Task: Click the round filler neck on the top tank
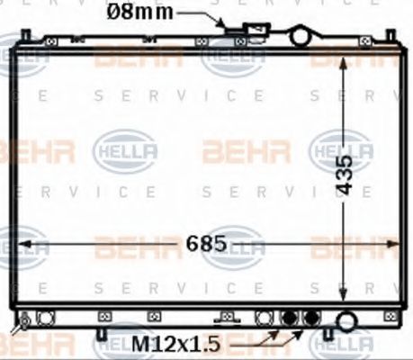tap(300, 35)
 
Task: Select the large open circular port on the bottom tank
tap(346, 319)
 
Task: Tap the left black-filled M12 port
tap(290, 319)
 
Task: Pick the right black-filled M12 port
tap(311, 319)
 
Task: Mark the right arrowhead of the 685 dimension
tap(392, 244)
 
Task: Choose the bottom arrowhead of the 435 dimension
tap(343, 299)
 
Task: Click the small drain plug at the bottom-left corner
tap(25, 320)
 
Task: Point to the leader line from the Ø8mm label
tap(200, 14)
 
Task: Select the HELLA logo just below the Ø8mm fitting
tap(231, 57)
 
